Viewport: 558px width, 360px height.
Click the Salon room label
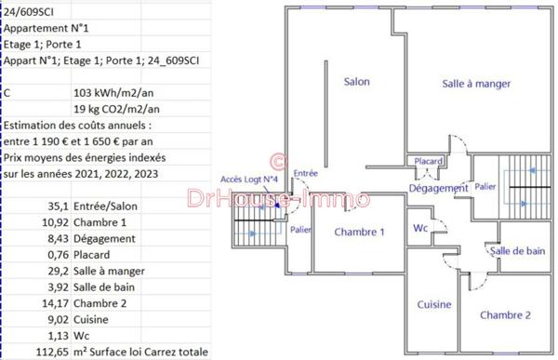356,82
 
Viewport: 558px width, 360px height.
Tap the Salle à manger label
476,84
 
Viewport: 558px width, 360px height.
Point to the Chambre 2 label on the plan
505,315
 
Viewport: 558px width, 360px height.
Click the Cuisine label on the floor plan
433,305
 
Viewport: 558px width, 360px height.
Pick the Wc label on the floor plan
420,228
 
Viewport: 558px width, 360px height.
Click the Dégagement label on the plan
438,189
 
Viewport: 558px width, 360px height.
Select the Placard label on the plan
429,161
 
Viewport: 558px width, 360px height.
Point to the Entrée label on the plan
305,174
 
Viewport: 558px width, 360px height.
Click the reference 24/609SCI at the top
28,10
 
